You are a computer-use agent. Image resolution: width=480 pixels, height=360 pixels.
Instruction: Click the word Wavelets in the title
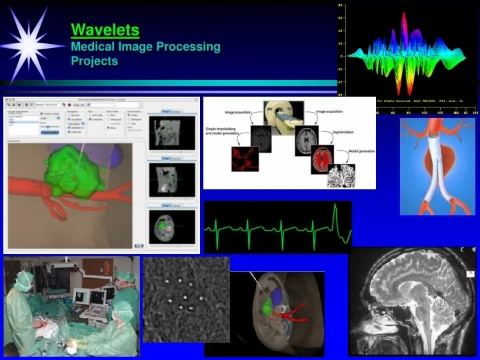click(x=105, y=30)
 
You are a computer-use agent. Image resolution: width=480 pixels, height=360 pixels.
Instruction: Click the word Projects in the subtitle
click(x=94, y=61)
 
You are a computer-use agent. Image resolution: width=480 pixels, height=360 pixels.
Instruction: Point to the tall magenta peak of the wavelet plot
click(x=404, y=27)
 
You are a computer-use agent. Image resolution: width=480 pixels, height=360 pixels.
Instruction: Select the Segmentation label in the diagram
click(x=347, y=133)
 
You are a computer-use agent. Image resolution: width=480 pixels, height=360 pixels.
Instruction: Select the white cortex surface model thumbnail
click(x=341, y=175)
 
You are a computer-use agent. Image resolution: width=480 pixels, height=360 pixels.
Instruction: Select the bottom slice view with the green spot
click(x=173, y=227)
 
